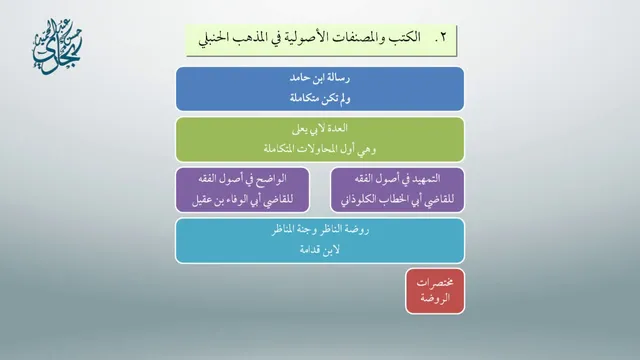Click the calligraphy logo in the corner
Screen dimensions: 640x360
[x=57, y=47]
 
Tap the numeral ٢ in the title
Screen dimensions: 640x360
[x=443, y=38]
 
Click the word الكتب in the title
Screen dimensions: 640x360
[x=404, y=38]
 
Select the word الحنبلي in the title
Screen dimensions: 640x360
[x=214, y=39]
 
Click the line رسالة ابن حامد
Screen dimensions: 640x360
[x=320, y=78]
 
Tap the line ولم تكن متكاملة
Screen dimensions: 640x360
[x=320, y=98]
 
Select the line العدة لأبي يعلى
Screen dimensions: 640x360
[x=320, y=129]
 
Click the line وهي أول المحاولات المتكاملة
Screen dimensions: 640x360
[x=320, y=149]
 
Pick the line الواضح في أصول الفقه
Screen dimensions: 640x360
[x=242, y=179]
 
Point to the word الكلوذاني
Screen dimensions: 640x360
[x=357, y=200]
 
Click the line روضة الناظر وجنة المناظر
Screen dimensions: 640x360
[x=320, y=230]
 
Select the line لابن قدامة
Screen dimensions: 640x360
[x=320, y=250]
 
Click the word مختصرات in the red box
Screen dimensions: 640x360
[x=435, y=282]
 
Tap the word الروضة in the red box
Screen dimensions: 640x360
[x=435, y=298]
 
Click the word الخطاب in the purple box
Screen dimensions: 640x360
[x=391, y=200]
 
